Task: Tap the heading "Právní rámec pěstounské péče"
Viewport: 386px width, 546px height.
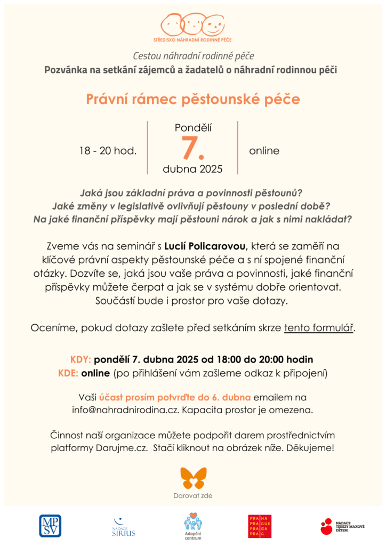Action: (193, 99)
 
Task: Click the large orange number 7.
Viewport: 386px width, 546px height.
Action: (192, 148)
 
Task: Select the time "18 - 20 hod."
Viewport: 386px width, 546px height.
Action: (108, 151)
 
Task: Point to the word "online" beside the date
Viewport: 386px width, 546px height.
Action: (264, 151)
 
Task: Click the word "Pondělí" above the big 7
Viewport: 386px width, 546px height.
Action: (192, 127)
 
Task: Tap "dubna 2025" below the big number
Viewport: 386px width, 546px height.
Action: (192, 169)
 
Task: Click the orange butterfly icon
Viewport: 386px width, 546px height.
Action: (193, 478)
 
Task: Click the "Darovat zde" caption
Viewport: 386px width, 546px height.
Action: (193, 496)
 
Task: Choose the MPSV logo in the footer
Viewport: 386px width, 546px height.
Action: (50, 526)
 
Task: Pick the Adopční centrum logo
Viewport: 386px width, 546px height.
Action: (193, 526)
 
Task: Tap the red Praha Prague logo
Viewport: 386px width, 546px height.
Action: (260, 526)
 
